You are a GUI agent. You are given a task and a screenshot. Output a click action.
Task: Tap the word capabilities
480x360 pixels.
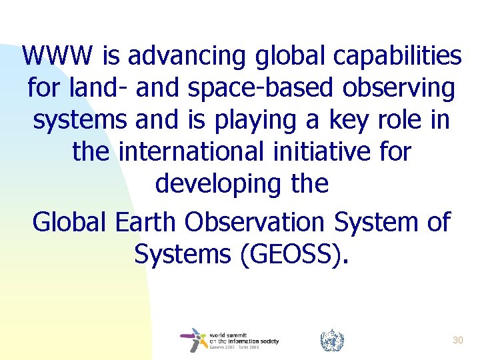tap(398, 57)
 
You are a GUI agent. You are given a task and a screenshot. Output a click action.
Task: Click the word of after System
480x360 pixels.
tap(437, 222)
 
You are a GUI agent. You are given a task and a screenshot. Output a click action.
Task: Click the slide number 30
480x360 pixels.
tap(457, 340)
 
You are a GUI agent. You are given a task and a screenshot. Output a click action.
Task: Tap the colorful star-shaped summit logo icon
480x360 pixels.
tap(194, 340)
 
